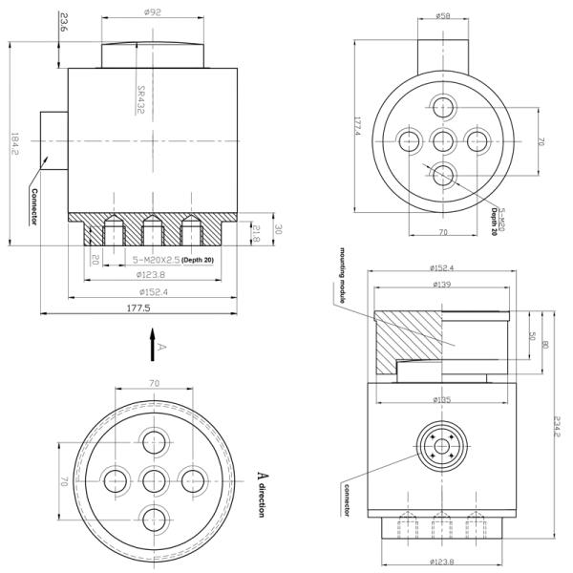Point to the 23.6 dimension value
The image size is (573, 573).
pyautogui.click(x=64, y=23)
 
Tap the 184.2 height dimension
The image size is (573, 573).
pyautogui.click(x=13, y=145)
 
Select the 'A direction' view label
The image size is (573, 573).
pyautogui.click(x=263, y=495)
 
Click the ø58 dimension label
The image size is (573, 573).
pyautogui.click(x=442, y=15)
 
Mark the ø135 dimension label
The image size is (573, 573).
pyautogui.click(x=441, y=398)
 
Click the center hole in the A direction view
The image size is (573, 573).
pyautogui.click(x=153, y=478)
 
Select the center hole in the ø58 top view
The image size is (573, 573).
pyautogui.click(x=442, y=141)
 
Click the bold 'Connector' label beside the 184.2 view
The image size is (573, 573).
pyautogui.click(x=32, y=205)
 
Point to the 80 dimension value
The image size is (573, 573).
pyautogui.click(x=544, y=344)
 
